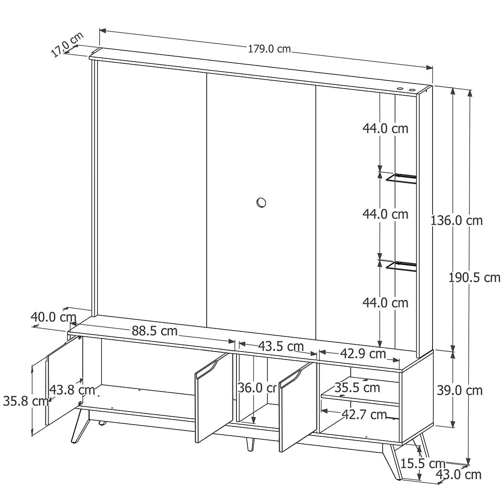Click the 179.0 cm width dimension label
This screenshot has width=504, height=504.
click(x=269, y=49)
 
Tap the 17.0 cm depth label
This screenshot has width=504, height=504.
click(x=67, y=44)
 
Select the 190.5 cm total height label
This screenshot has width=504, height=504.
click(x=474, y=277)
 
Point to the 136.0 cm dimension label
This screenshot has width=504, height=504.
click(x=457, y=220)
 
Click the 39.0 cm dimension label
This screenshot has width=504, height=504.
click(x=459, y=391)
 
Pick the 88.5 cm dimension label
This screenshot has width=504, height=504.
click(x=154, y=331)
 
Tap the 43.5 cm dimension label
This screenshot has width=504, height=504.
click(x=281, y=346)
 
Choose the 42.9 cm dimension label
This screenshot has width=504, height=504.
click(x=363, y=354)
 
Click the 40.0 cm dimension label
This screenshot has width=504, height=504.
click(x=53, y=317)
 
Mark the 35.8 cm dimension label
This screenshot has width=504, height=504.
click(x=26, y=401)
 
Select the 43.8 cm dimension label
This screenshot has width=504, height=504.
click(x=72, y=390)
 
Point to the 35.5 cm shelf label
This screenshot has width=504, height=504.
click(x=357, y=387)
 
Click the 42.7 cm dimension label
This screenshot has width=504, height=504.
click(x=364, y=414)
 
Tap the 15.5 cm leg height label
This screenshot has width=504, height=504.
click(x=423, y=464)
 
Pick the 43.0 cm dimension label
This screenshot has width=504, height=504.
click(x=459, y=475)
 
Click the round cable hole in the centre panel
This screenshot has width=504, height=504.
click(x=261, y=202)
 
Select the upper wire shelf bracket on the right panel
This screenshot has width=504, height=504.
click(x=401, y=178)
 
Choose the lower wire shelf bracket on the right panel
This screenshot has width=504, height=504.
click(x=401, y=266)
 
